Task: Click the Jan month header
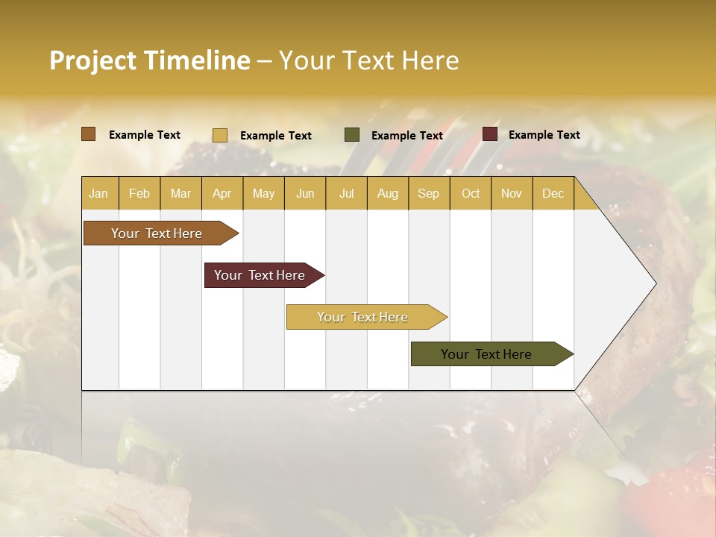pos(99,193)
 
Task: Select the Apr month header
pos(222,193)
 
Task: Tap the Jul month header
pos(346,193)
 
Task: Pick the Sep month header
pos(428,193)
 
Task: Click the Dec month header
pos(553,193)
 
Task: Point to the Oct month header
pos(471,193)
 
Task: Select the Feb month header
pos(139,193)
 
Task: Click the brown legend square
pos(89,134)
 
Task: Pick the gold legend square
pos(220,135)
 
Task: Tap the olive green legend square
pos(352,135)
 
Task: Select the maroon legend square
pos(490,134)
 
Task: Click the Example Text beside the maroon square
pos(544,135)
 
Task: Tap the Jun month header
pos(305,193)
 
